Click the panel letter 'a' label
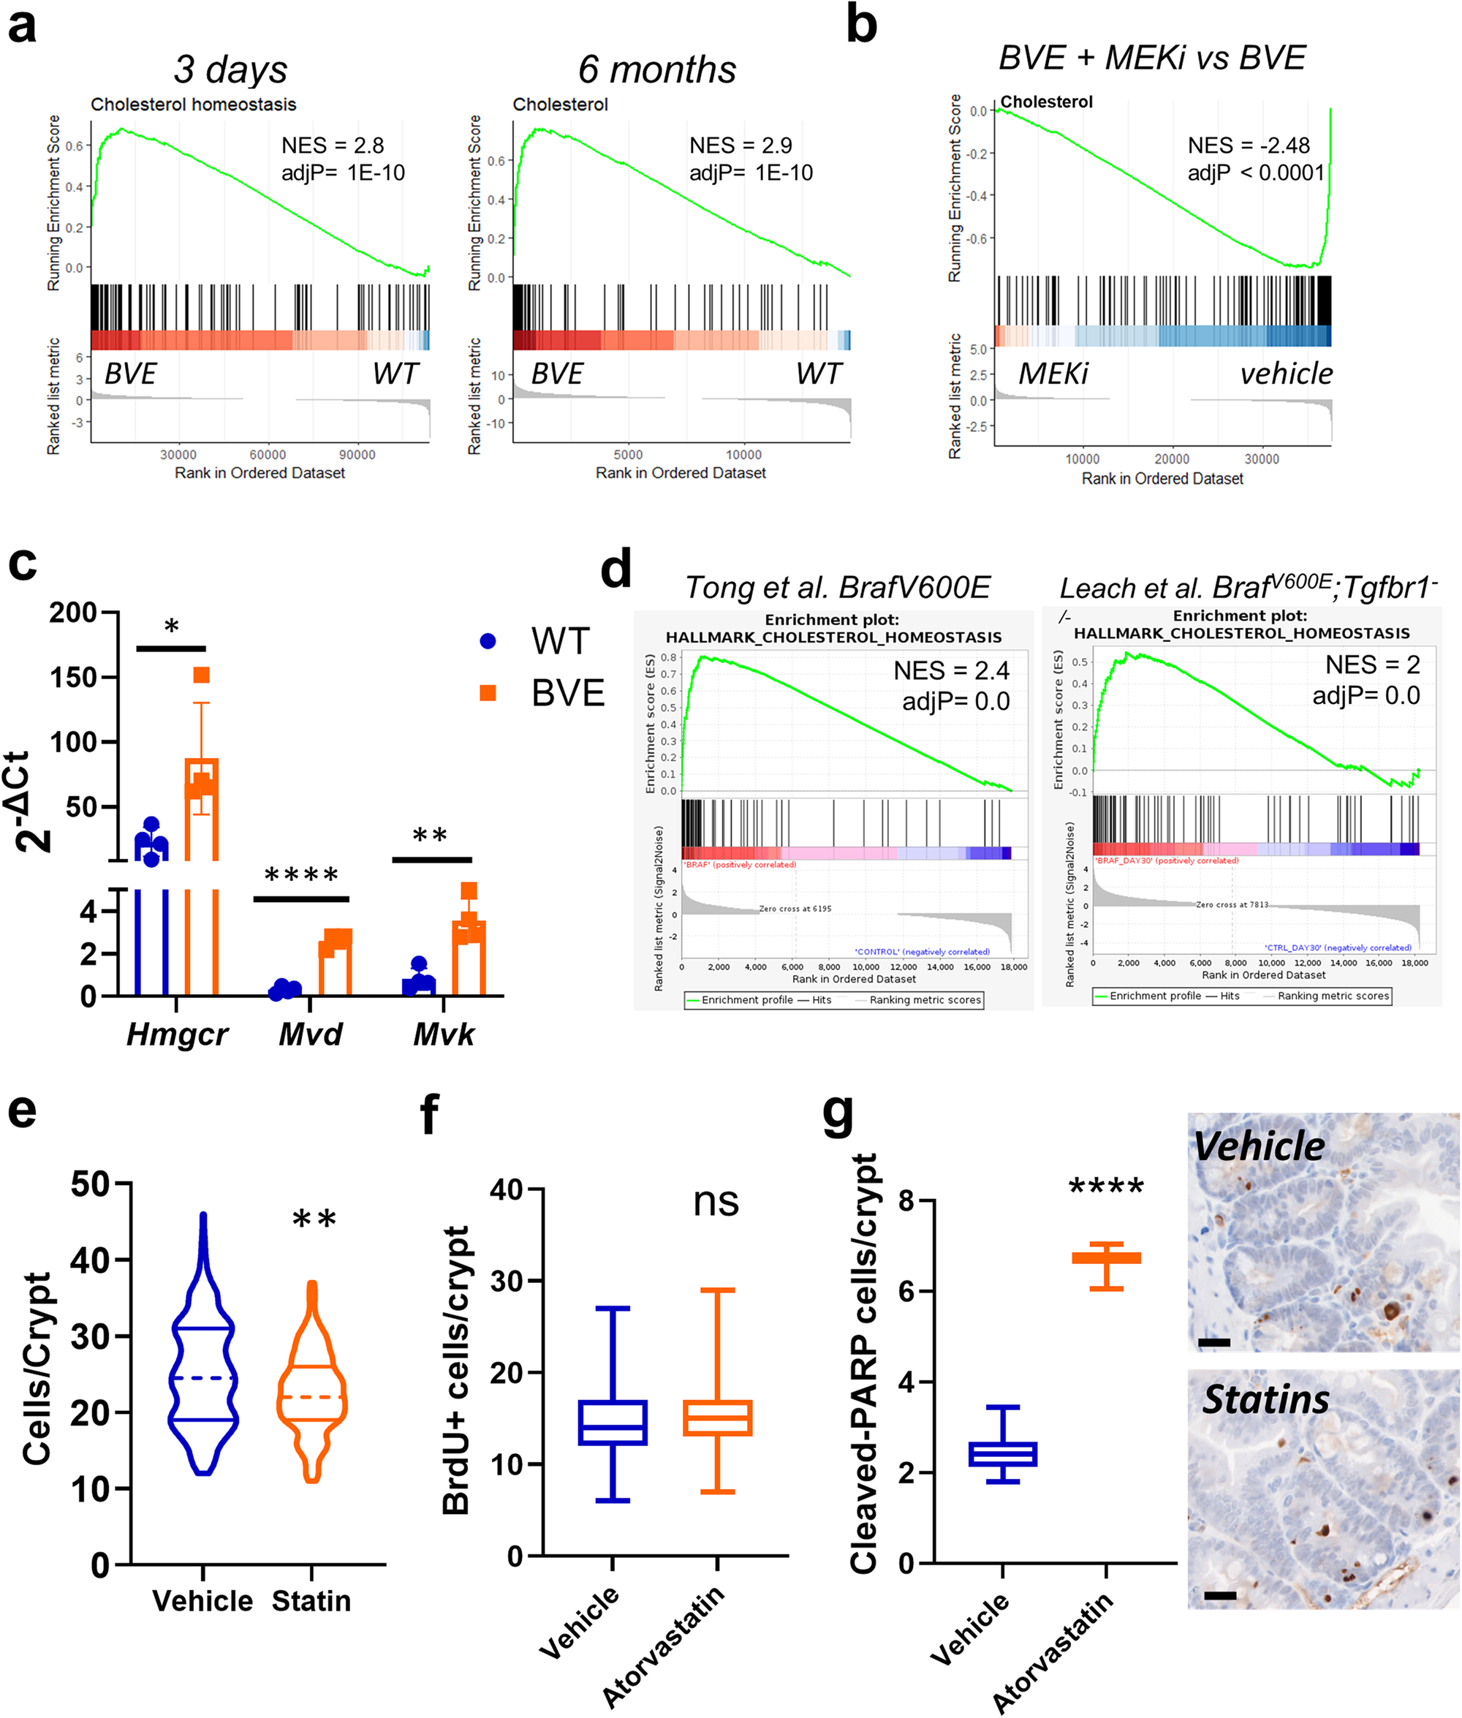coord(23,25)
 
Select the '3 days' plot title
coord(230,69)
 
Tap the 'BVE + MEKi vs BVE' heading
coord(1151,58)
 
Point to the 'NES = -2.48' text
coord(1247,146)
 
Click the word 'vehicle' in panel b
coord(1286,374)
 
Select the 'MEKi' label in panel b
coord(1053,374)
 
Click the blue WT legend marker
coord(488,640)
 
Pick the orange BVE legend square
coord(488,693)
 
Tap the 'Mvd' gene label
coord(310,1034)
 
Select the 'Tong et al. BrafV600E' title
coord(837,588)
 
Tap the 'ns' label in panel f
coord(715,1201)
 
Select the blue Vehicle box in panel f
coord(613,1422)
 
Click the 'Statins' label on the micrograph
coord(1265,1400)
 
